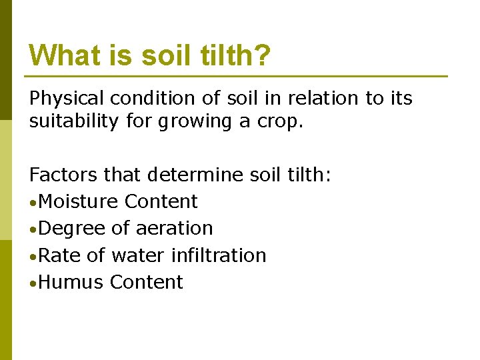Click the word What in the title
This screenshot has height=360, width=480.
(x=63, y=55)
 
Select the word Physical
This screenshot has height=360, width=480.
(x=67, y=99)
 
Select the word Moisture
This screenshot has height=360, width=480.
(x=79, y=201)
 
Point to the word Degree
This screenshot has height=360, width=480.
(x=72, y=229)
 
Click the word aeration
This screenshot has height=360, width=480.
(x=174, y=229)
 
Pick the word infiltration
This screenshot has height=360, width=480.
(x=219, y=255)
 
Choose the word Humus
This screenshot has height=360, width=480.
(x=71, y=282)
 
